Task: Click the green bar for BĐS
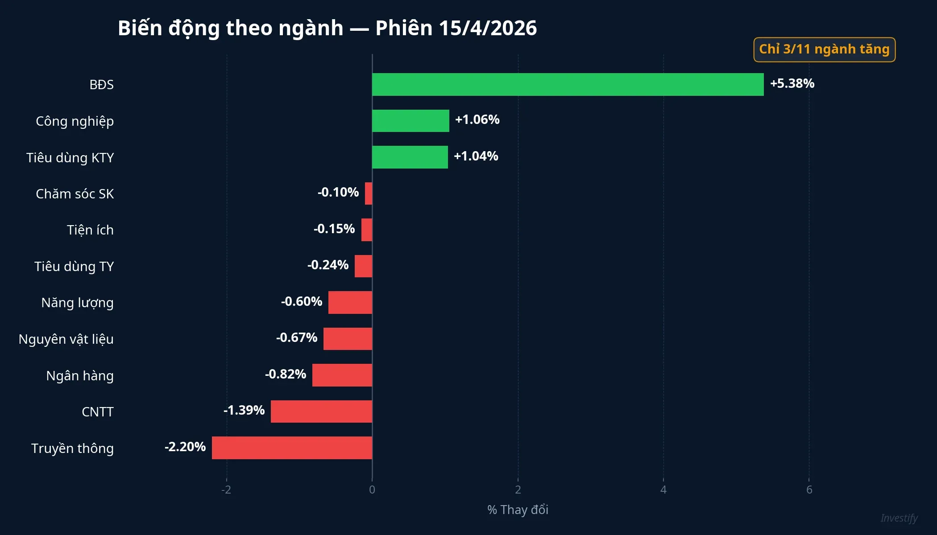(568, 84)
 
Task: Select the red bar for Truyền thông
(292, 448)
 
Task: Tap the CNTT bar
(321, 411)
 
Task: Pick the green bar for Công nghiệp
(410, 121)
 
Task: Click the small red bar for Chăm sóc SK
(369, 193)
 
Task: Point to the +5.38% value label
(792, 83)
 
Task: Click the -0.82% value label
(286, 374)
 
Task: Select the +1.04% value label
(476, 156)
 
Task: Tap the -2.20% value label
(185, 447)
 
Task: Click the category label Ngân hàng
(80, 376)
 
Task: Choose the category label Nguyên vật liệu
(66, 339)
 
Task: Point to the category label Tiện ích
(90, 230)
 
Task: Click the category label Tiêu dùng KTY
(70, 158)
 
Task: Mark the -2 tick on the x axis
(226, 490)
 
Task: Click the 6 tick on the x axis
(809, 490)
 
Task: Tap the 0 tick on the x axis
(372, 490)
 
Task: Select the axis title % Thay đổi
(518, 510)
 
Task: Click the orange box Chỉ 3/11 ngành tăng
(824, 49)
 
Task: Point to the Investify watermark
(899, 518)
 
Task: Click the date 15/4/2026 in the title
(487, 28)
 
